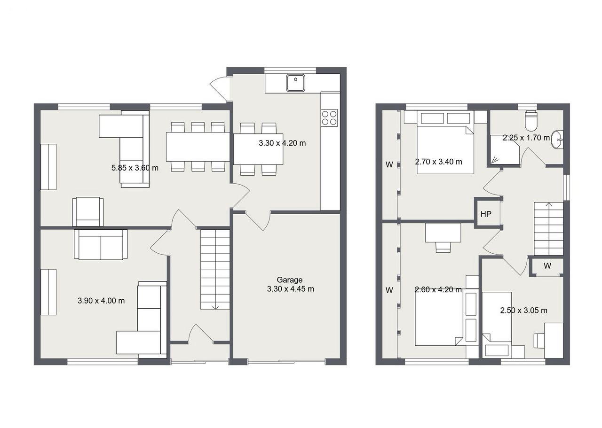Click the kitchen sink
point(295,83)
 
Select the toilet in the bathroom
point(531,120)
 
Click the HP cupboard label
point(486,214)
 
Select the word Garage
point(289,280)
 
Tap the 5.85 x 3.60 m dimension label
point(135,168)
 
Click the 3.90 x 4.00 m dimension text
point(101,301)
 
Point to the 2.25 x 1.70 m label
point(526,138)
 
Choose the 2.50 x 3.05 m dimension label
point(524,311)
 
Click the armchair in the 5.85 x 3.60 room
point(88,211)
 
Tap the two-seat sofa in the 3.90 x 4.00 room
point(101,244)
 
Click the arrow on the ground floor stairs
point(215,308)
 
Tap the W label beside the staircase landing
point(547,266)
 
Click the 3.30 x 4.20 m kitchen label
point(282,143)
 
